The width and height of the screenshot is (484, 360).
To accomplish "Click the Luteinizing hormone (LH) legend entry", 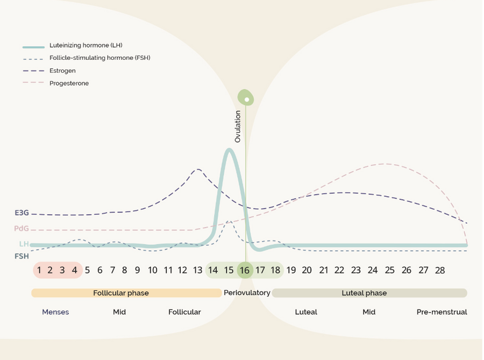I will pyautogui.click(x=89, y=45).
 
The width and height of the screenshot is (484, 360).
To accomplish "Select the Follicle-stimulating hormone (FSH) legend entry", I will pyautogui.click(x=99, y=58).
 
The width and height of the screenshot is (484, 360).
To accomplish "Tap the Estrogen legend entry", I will pyautogui.click(x=63, y=70).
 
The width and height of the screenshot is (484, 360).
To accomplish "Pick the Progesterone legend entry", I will pyautogui.click(x=69, y=83).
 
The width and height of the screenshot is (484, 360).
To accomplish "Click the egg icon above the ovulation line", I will pyautogui.click(x=246, y=97).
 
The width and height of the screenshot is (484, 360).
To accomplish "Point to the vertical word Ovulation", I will pyautogui.click(x=238, y=126).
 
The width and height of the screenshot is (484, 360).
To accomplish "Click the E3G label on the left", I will pyautogui.click(x=22, y=213).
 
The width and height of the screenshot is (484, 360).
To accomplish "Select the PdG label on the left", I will pyautogui.click(x=22, y=229).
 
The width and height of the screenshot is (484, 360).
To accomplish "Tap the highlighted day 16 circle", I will pyautogui.click(x=245, y=270).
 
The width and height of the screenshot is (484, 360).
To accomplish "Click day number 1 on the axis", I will pyautogui.click(x=39, y=270).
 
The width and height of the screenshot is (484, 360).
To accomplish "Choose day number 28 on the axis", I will pyautogui.click(x=439, y=270).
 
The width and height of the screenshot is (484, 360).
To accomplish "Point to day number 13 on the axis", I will pyautogui.click(x=197, y=270).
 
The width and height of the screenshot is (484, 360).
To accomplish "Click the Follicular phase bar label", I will pyautogui.click(x=121, y=293).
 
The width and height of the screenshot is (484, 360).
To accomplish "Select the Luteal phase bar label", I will pyautogui.click(x=364, y=293).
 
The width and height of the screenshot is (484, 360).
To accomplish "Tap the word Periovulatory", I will pyautogui.click(x=247, y=293).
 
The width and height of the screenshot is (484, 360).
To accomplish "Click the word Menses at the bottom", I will pyautogui.click(x=55, y=312).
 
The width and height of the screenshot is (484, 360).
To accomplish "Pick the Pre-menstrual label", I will pyautogui.click(x=442, y=312).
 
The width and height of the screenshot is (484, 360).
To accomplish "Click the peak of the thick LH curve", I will pyautogui.click(x=229, y=149).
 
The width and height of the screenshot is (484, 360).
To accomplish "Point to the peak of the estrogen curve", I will pyautogui.click(x=198, y=170).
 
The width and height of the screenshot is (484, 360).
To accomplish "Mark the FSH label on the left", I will pyautogui.click(x=22, y=256).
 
